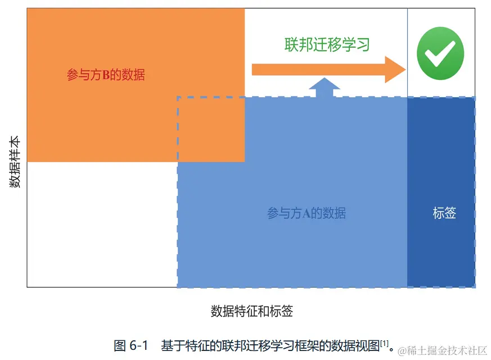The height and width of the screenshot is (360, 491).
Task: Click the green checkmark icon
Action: click(440, 53)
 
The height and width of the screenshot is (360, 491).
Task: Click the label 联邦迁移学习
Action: click(327, 44)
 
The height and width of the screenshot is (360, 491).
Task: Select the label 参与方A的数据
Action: click(306, 213)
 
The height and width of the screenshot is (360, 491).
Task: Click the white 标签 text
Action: click(444, 213)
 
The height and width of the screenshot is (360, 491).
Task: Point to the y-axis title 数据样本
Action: click(15, 161)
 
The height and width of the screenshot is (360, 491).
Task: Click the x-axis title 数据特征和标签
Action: click(251, 311)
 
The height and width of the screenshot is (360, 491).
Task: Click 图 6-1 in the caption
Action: click(131, 345)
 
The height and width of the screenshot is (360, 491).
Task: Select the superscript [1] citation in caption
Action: click(385, 343)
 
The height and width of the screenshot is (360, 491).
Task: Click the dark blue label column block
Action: click(441, 191)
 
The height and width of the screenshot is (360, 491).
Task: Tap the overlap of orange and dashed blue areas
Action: click(211, 129)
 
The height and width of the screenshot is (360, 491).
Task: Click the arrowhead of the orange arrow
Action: click(395, 69)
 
